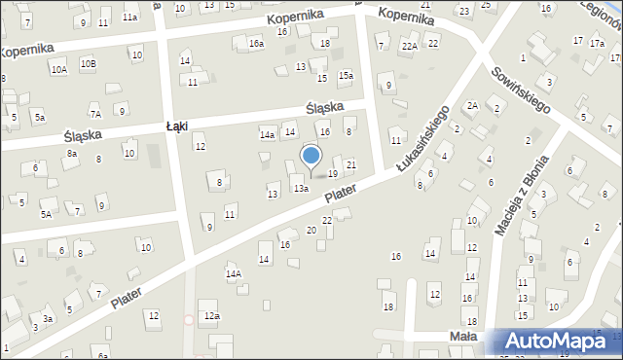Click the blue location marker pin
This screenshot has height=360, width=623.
311,156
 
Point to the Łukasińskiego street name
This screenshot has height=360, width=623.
423,140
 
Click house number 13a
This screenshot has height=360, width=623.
302,188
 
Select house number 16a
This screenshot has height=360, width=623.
256,44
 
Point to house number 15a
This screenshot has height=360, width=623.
345,76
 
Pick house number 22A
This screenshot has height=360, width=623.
411,46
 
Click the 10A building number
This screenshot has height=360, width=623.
59,69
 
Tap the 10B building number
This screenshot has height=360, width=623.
89,63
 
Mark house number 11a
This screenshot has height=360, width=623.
129,18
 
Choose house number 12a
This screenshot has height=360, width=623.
211,316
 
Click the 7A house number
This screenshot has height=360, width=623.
95,114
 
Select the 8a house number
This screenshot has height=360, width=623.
71,153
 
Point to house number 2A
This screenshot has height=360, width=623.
472,105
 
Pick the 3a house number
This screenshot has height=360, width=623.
47,318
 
